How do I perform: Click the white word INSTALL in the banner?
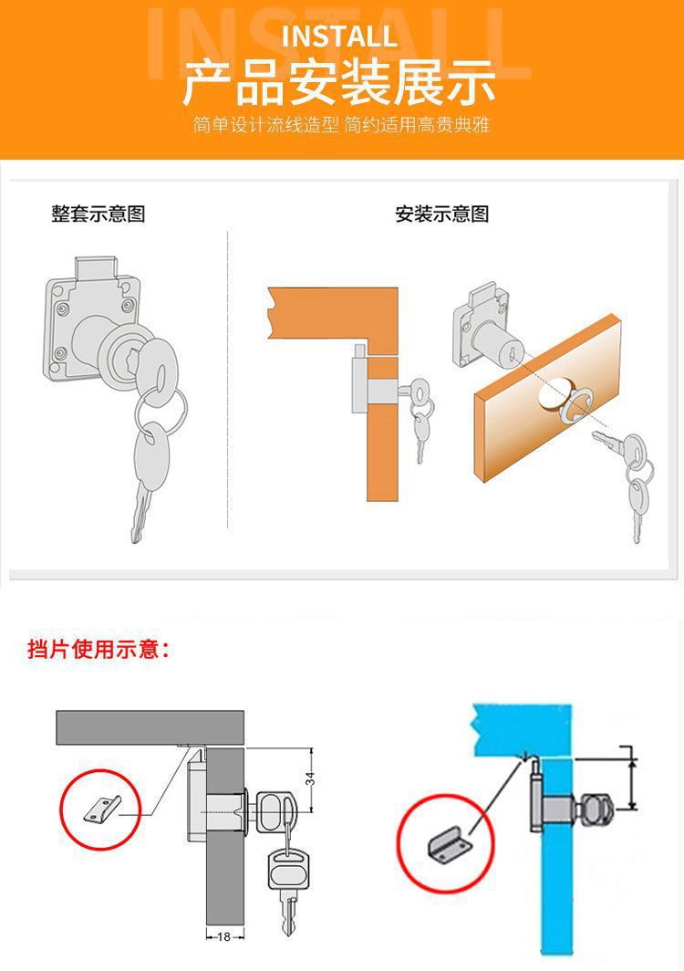(x=339, y=37)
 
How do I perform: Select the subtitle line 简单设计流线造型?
(x=265, y=125)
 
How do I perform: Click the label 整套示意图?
(x=98, y=214)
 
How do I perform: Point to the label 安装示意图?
(x=442, y=214)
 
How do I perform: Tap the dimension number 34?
(x=310, y=778)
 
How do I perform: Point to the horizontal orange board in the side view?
(x=333, y=315)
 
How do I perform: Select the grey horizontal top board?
(x=150, y=727)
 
